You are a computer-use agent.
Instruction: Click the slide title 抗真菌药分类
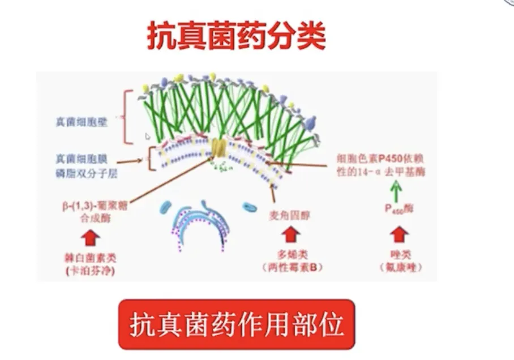(x=237, y=36)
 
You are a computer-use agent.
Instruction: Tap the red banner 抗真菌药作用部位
(x=237, y=324)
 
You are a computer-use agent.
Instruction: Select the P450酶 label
(x=399, y=209)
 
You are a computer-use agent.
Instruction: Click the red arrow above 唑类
(x=399, y=234)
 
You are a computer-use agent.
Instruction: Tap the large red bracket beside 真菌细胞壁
(x=128, y=116)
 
